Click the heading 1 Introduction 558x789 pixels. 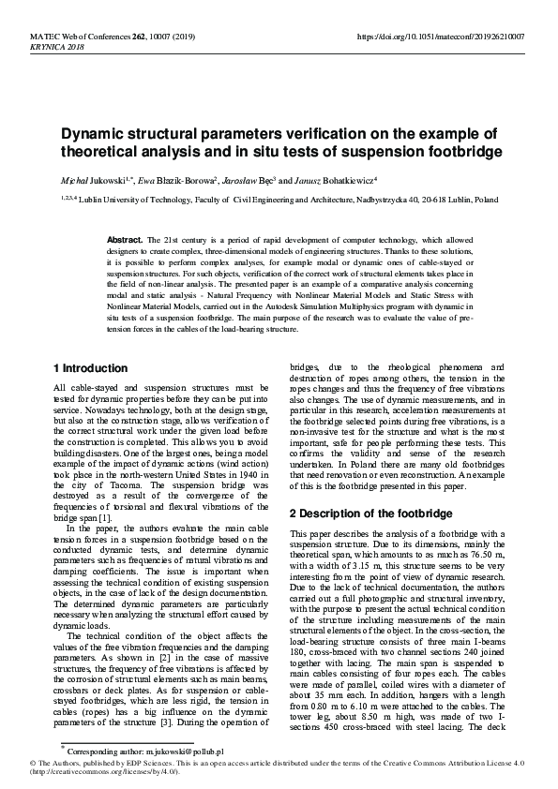click(x=91, y=368)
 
